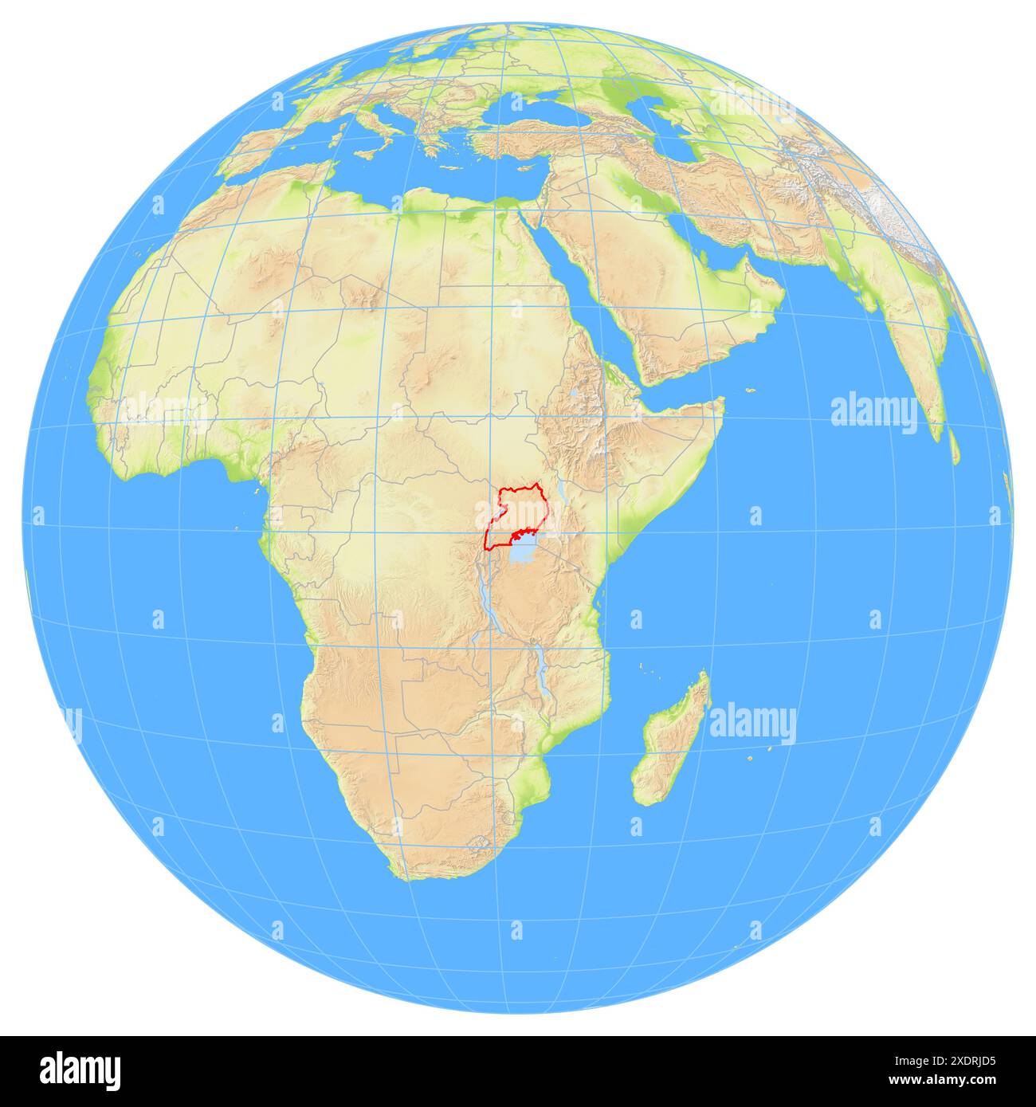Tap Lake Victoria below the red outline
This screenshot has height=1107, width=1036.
524,552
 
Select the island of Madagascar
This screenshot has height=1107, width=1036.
669,737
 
